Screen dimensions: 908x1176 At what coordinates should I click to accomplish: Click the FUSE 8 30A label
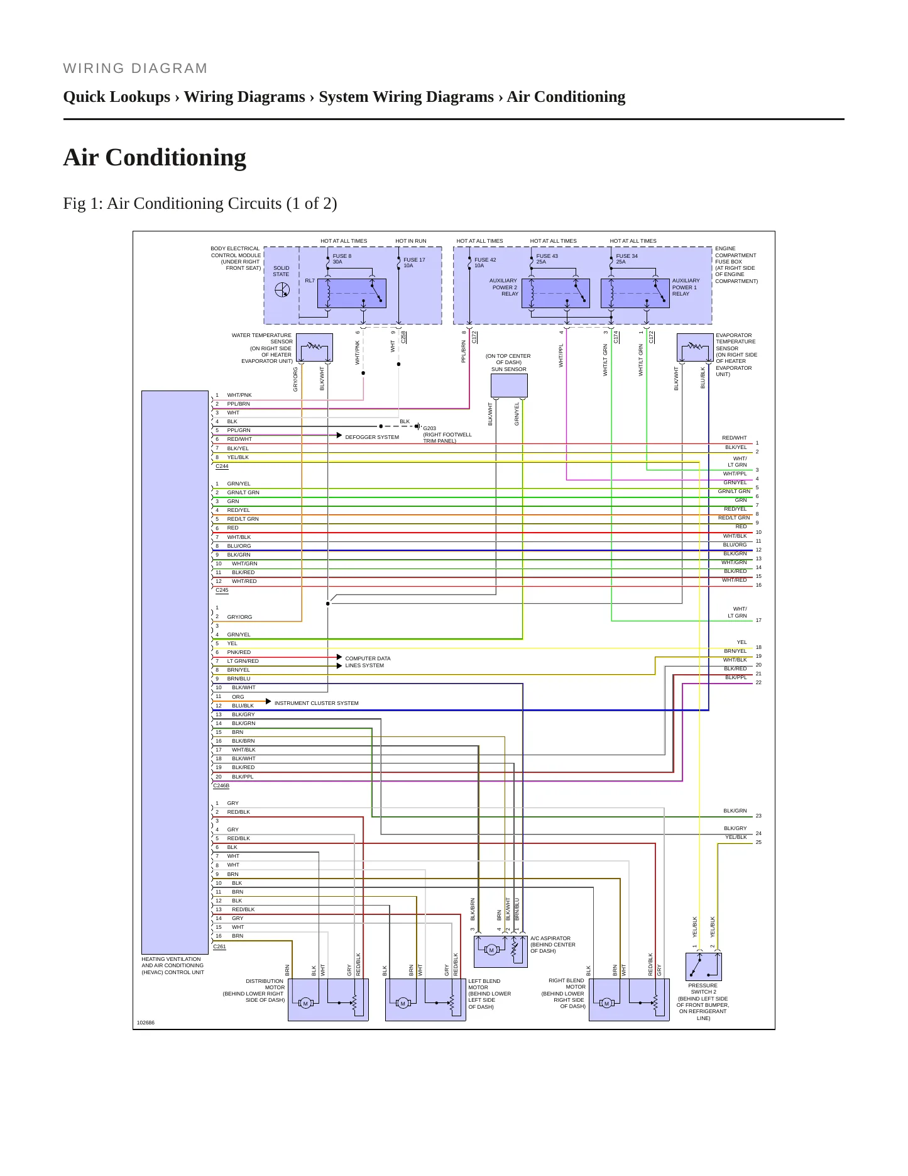tap(342, 258)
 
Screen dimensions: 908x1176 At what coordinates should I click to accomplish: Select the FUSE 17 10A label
tap(414, 262)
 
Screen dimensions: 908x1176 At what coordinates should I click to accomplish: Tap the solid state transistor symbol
tap(282, 290)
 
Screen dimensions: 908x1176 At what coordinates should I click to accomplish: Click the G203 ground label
tap(429, 428)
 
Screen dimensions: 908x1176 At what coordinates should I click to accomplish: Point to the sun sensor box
tap(509, 386)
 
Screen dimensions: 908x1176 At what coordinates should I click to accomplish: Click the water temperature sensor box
tap(314, 348)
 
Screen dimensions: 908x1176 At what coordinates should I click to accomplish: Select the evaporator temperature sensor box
tap(695, 348)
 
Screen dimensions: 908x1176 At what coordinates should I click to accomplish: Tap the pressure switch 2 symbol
tap(703, 967)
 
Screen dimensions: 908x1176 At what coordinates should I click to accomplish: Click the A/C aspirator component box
tap(500, 951)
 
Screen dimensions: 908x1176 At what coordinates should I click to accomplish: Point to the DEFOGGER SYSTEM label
tap(372, 437)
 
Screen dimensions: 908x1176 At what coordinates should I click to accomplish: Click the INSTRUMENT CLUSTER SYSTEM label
tap(316, 703)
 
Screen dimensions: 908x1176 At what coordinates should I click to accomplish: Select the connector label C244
tap(222, 467)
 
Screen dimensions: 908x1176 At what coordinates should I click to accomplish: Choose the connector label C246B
tap(221, 785)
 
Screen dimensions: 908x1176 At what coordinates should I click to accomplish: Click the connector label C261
tap(219, 946)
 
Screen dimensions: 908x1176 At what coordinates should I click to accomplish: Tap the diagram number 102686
tap(146, 1023)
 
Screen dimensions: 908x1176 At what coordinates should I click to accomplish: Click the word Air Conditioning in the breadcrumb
tap(566, 97)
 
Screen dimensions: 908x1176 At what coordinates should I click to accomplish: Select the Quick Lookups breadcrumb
tap(117, 97)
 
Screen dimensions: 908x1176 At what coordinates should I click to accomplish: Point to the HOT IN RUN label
tap(411, 241)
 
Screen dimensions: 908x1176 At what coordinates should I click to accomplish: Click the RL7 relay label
tap(310, 280)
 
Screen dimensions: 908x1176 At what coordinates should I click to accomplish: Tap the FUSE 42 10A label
tap(485, 262)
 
